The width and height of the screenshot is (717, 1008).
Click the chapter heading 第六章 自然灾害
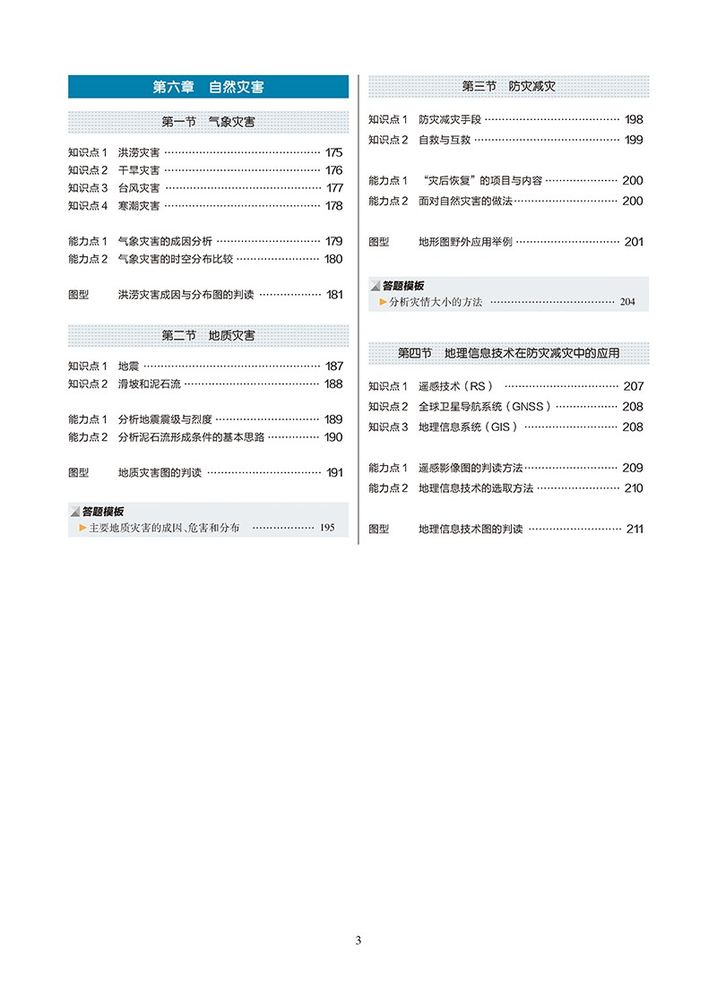click(x=208, y=87)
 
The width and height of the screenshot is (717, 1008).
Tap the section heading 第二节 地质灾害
click(x=208, y=335)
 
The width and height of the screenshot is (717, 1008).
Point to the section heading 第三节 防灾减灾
click(x=508, y=87)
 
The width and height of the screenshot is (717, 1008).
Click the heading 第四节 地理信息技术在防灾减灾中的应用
click(x=508, y=353)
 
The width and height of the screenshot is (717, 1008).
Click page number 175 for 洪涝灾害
click(x=334, y=152)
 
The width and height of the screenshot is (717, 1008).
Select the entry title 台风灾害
click(x=139, y=188)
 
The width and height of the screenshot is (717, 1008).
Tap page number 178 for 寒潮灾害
click(x=334, y=206)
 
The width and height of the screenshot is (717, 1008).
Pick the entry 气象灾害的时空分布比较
click(x=175, y=259)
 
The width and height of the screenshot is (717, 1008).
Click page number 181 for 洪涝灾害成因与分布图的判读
click(x=334, y=294)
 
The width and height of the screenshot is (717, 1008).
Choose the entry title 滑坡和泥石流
click(x=149, y=383)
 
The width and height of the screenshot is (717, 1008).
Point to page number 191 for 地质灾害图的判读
click(x=334, y=472)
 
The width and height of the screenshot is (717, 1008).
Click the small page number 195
click(x=326, y=528)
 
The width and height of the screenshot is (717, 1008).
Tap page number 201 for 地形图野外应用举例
click(x=633, y=242)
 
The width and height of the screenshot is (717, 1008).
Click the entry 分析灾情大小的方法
click(x=435, y=302)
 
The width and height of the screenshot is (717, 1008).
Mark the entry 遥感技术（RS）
click(x=456, y=386)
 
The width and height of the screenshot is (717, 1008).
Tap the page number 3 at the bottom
click(x=358, y=940)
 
